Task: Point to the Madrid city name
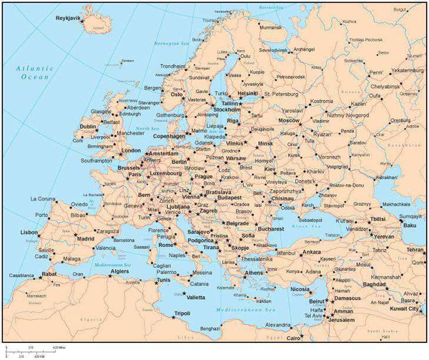point(85,238)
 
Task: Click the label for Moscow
point(288,120)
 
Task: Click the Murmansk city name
point(270,26)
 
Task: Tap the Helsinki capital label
point(247,93)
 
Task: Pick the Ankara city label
point(311,252)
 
